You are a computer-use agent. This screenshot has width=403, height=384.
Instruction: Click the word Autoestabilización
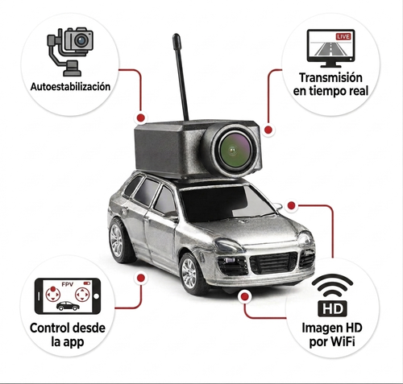pyautogui.click(x=70, y=87)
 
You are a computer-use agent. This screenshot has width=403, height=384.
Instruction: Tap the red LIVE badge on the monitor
pyautogui.click(x=343, y=37)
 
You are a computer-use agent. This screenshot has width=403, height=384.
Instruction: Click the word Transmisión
pyautogui.click(x=330, y=77)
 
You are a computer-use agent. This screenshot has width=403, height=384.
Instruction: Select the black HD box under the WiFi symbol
pyautogui.click(x=332, y=308)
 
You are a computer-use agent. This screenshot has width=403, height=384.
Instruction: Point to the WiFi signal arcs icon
pyautogui.click(x=332, y=286)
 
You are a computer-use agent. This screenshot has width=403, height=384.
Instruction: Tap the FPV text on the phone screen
pyautogui.click(x=68, y=284)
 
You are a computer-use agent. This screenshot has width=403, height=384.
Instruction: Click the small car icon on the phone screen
pyautogui.click(x=68, y=306)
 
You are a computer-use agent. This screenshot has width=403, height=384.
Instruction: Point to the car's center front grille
pyautogui.click(x=273, y=262)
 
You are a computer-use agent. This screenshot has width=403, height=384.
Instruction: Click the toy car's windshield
pyautogui.click(x=225, y=203)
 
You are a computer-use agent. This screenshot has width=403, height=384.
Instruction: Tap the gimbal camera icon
pyautogui.click(x=70, y=51)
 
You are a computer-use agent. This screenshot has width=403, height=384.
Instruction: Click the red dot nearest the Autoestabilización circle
pyautogui.click(x=141, y=118)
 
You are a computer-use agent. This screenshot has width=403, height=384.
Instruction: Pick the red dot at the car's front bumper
pyautogui.click(x=244, y=297)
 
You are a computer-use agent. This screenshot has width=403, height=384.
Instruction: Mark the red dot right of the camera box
pyautogui.click(x=268, y=130)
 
